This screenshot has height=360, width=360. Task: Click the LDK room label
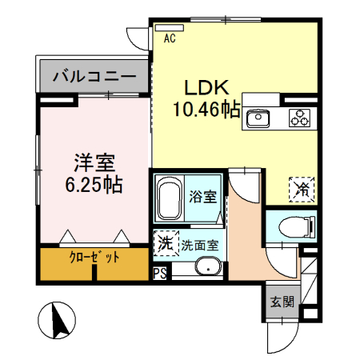coord(209,87)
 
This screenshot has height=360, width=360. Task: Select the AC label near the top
coord(170,38)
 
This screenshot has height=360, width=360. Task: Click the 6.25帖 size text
coord(93,186)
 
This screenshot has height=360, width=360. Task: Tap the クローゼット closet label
coord(94,258)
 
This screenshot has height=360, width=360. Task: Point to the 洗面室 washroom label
coord(201,246)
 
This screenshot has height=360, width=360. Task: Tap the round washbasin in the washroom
coord(210,268)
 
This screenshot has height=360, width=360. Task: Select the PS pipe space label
coord(160,273)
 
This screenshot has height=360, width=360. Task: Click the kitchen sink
coord(259,118)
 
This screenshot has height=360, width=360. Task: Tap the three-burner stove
coord(301,118)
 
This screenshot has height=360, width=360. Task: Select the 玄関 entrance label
coord(281,302)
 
